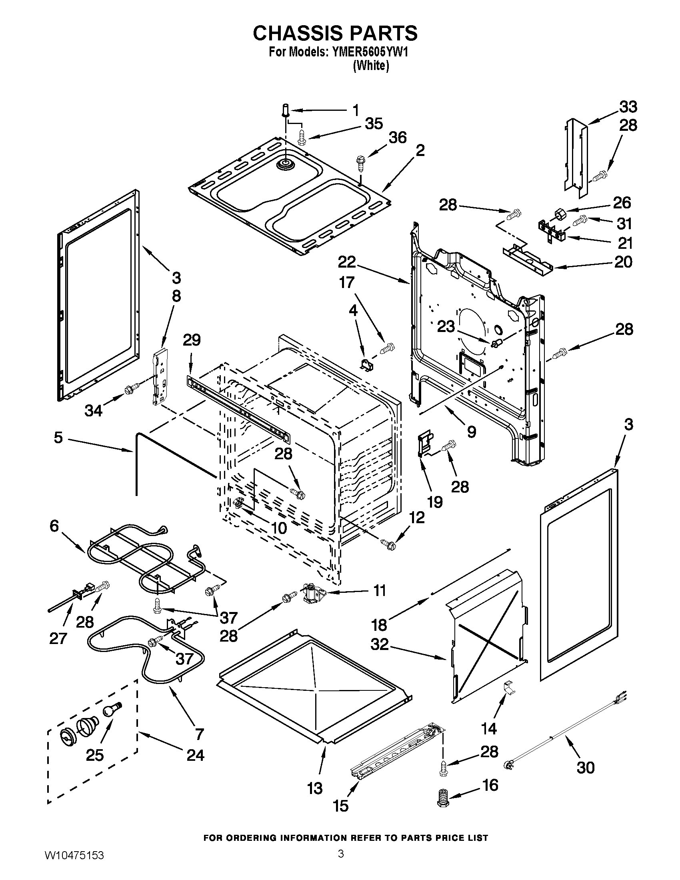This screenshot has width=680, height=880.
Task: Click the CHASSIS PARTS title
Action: point(335,33)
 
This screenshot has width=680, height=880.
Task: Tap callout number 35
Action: point(374,124)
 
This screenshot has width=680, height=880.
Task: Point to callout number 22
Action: point(347,262)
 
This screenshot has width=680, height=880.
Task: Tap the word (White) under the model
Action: point(371,66)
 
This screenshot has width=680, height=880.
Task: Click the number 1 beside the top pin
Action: point(355,110)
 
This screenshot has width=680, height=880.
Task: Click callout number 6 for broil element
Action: point(54,526)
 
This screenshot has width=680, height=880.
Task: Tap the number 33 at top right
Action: point(628,107)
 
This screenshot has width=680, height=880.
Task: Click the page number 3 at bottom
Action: point(341,863)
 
